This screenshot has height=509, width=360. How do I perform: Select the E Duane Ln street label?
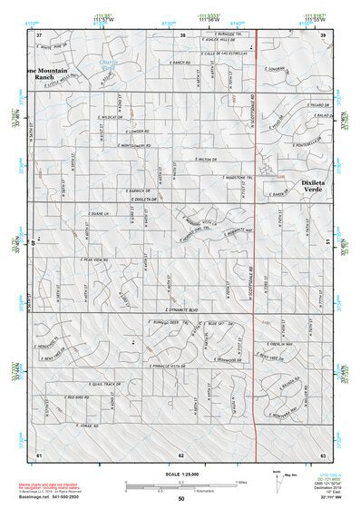pyautogui.click(x=99, y=213)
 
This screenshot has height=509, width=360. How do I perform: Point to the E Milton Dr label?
pyautogui.click(x=209, y=157)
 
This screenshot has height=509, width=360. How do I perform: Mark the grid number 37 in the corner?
pyautogui.click(x=39, y=34)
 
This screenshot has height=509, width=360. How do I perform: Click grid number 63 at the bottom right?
pyautogui.click(x=322, y=453)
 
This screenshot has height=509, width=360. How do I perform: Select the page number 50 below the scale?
pyautogui.click(x=181, y=499)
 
